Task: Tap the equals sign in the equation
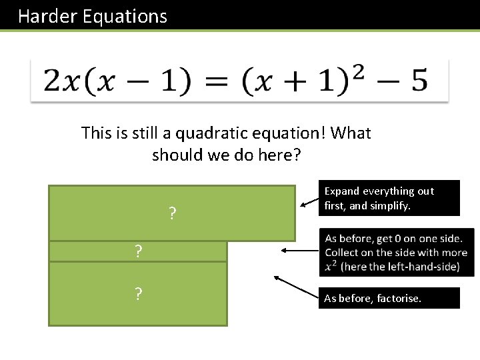[x=213, y=81]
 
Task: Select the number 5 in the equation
[x=419, y=81]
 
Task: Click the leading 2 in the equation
[x=51, y=81]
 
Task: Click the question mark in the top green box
[x=172, y=213]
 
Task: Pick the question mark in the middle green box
[x=138, y=251]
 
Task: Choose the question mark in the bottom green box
[x=138, y=294]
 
